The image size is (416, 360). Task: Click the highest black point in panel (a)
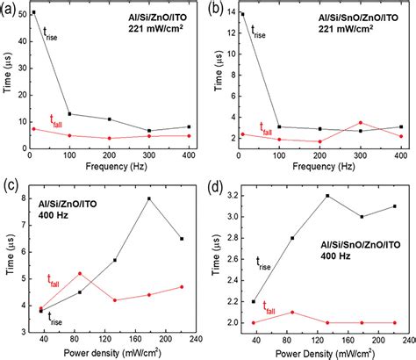pyautogui.click(x=33, y=12)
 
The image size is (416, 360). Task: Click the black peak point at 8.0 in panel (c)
pyautogui.click(x=149, y=198)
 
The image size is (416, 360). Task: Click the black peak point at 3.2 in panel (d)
pyautogui.click(x=327, y=196)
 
